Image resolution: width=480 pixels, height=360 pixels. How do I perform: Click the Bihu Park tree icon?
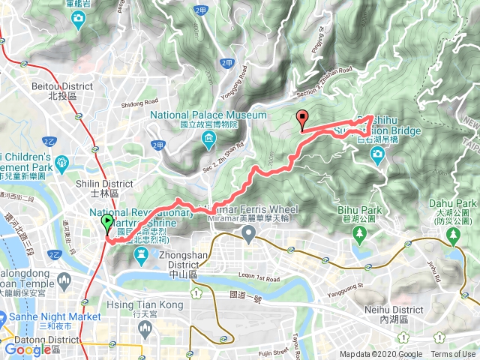pyautogui.click(x=361, y=233)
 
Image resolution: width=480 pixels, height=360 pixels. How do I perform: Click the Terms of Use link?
pyautogui.click(x=452, y=355)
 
